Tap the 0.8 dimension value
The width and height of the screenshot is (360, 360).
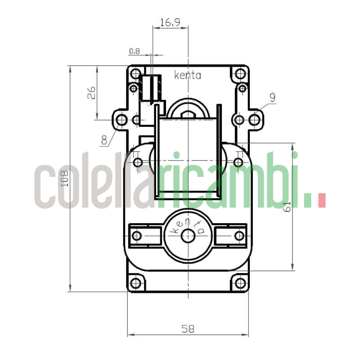pos(134,51)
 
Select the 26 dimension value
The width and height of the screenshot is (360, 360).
pos(91,93)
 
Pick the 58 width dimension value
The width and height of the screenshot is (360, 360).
pos(188,329)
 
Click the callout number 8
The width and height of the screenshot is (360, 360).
pos(104,140)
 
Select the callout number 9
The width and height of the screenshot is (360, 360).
pos(272,97)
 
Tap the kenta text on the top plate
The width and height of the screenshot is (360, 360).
pos(187,76)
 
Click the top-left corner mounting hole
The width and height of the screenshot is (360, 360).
pos(135,73)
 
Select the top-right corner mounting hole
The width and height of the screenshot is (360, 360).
pos(240,73)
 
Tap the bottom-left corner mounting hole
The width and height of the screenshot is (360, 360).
pos(135,283)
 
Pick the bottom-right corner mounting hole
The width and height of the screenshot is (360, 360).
pos(240,283)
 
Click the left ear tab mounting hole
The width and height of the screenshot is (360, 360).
pos(121,120)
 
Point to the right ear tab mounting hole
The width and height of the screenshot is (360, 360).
pos(255,120)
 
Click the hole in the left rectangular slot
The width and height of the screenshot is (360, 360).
pos(137,235)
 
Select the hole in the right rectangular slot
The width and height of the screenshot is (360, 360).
pos(239,235)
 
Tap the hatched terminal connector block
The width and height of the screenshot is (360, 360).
pos(150,88)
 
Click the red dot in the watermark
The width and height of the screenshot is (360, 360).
pos(321,200)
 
